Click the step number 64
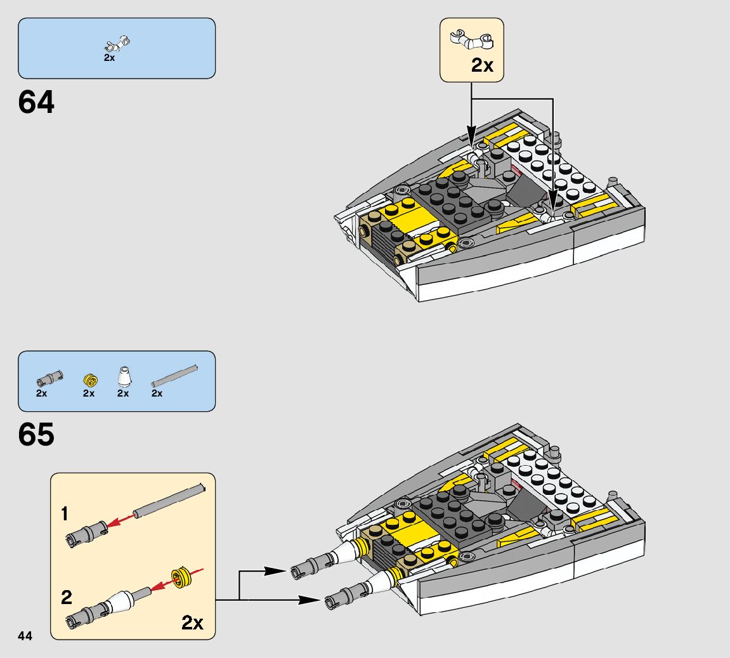37,102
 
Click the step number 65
37,435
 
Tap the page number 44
25,636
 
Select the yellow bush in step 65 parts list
90,381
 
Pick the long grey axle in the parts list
175,376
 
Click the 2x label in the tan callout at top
482,65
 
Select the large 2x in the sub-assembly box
192,622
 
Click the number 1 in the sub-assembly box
65,513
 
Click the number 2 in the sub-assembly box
67,597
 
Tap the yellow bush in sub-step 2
181,578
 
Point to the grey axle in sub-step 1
168,499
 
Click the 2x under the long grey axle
157,393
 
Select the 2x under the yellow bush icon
89,393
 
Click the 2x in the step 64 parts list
109,58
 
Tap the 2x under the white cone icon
123,393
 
